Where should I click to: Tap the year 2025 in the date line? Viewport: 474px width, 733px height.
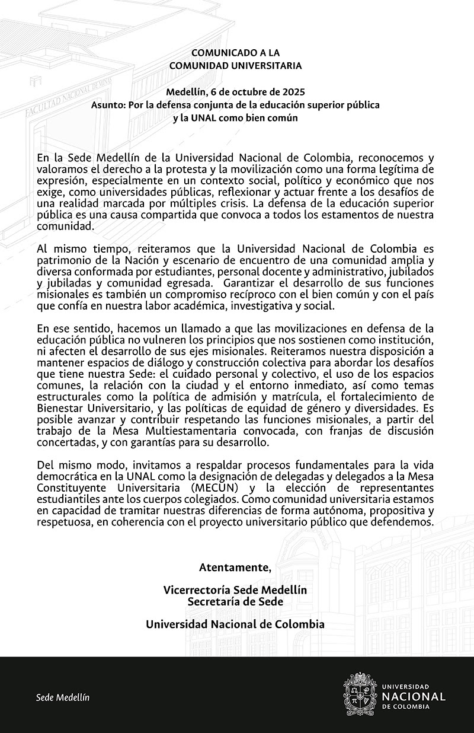(x=293, y=92)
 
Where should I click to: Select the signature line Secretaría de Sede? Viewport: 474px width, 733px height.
(x=235, y=601)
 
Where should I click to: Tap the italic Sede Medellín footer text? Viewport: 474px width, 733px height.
(x=63, y=697)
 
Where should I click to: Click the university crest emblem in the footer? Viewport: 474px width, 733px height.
(x=361, y=694)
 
